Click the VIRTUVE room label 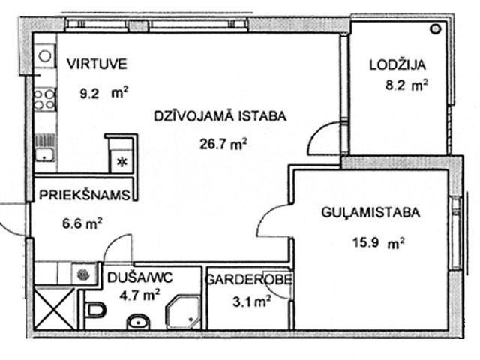click(x=97, y=64)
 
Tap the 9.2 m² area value click(x=104, y=93)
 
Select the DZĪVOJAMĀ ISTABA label click(x=220, y=116)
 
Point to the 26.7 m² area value click(x=223, y=144)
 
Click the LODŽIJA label click(x=397, y=64)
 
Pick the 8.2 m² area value click(x=406, y=85)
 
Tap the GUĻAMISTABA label click(x=370, y=212)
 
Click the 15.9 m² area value click(x=379, y=243)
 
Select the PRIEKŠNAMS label click(x=85, y=195)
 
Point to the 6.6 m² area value click(x=82, y=223)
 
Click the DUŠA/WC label click(x=140, y=277)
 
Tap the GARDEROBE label click(x=248, y=280)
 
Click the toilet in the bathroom click(x=96, y=310)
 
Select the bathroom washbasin click(x=139, y=322)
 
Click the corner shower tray click(x=183, y=312)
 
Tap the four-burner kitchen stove click(x=45, y=100)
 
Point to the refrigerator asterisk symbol click(x=122, y=162)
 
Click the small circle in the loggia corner click(x=436, y=29)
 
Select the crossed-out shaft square click(x=55, y=308)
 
